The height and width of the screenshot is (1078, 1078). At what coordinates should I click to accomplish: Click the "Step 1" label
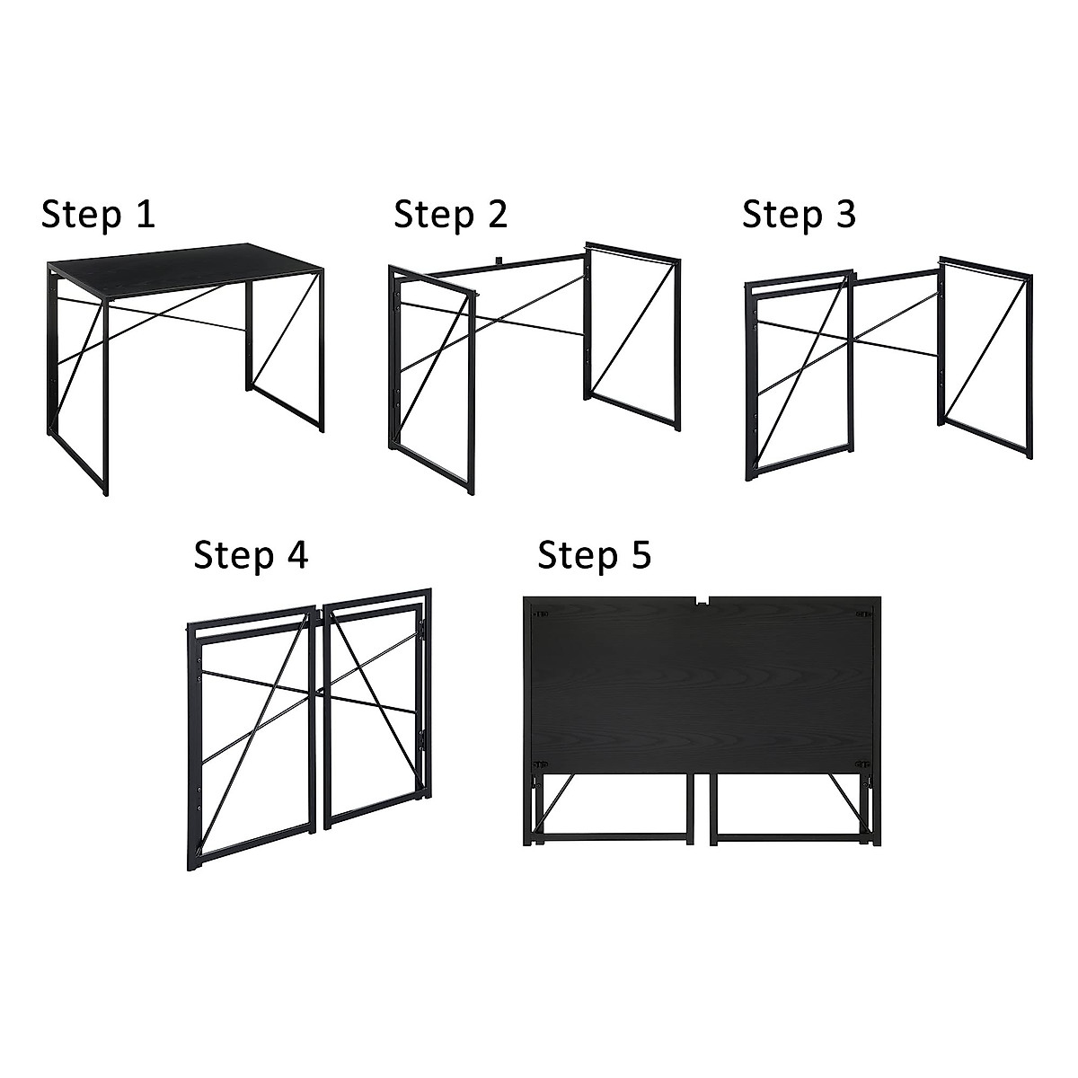pyautogui.click(x=98, y=215)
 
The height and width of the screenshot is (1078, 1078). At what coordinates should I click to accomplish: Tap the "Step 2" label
pyautogui.click(x=450, y=215)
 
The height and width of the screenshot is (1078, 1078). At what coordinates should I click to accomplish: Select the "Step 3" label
pyautogui.click(x=799, y=215)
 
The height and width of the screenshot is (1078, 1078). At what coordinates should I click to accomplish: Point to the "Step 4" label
pyautogui.click(x=251, y=555)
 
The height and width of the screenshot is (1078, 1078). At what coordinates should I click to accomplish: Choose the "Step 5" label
pyautogui.click(x=594, y=555)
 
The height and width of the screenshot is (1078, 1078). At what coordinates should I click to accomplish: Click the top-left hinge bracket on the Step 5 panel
pyautogui.click(x=541, y=614)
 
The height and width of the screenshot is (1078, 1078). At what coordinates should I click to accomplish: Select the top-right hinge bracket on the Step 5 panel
pyautogui.click(x=863, y=614)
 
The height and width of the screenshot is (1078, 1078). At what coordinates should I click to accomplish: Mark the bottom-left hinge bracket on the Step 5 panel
pyautogui.click(x=540, y=764)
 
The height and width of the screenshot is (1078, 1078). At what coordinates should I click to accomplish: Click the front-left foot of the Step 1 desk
pyautogui.click(x=105, y=490)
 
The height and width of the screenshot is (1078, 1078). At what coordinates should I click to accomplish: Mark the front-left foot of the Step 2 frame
pyautogui.click(x=469, y=490)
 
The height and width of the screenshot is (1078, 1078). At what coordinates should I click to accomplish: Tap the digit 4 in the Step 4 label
pyautogui.click(x=296, y=555)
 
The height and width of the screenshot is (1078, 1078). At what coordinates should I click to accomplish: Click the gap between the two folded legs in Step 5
pyautogui.click(x=702, y=808)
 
